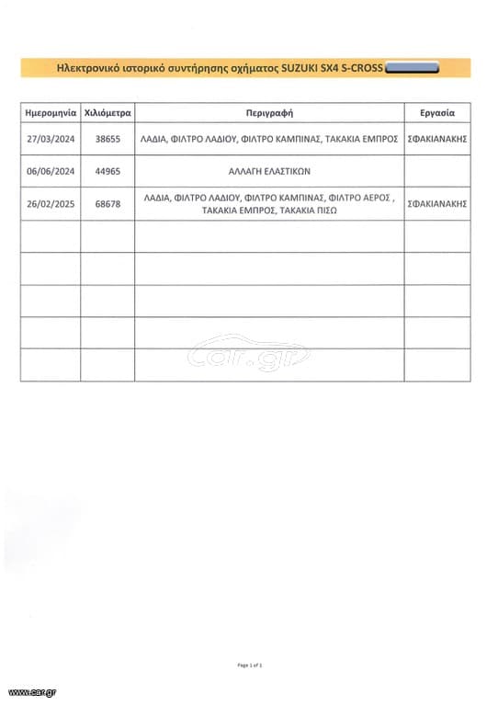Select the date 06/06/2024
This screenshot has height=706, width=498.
pyautogui.click(x=51, y=171)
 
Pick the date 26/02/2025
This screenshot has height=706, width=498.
pyautogui.click(x=51, y=203)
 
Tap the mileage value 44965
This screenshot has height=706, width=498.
pyautogui.click(x=108, y=171)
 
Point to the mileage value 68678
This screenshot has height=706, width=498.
pyautogui.click(x=108, y=203)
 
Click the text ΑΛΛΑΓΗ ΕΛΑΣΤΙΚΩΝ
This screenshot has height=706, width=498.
pyautogui.click(x=269, y=171)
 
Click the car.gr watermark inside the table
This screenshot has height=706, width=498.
pyautogui.click(x=248, y=353)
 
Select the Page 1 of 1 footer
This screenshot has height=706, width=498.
pyautogui.click(x=249, y=665)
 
